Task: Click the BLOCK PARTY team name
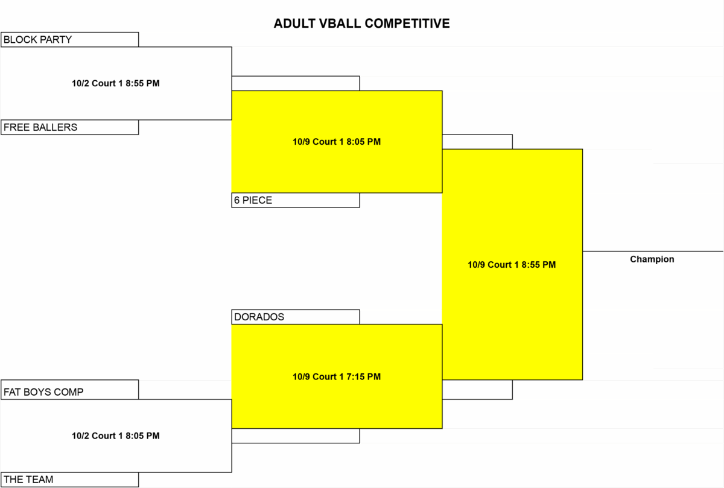click(x=37, y=40)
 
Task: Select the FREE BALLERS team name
click(x=40, y=127)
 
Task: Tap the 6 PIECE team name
click(x=253, y=200)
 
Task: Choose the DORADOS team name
click(x=259, y=317)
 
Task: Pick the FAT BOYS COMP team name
click(x=43, y=392)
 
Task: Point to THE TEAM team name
click(x=28, y=480)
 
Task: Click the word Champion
click(x=652, y=259)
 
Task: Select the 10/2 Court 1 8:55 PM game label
click(x=116, y=83)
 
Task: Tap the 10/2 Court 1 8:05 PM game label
click(x=116, y=436)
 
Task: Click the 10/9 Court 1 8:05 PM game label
click(x=337, y=142)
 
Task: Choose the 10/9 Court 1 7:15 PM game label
click(x=337, y=377)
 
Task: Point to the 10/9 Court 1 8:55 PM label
click(x=512, y=265)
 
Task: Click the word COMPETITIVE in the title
click(x=407, y=24)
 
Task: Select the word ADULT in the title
click(x=294, y=24)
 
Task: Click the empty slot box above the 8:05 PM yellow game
click(x=296, y=83)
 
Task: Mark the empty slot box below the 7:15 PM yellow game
click(x=296, y=436)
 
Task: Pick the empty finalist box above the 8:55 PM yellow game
click(x=477, y=142)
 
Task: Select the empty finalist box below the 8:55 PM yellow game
click(x=477, y=390)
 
